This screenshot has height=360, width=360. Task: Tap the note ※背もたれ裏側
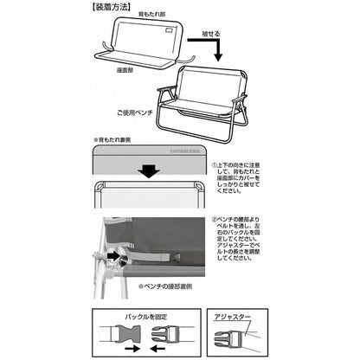[118, 138]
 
